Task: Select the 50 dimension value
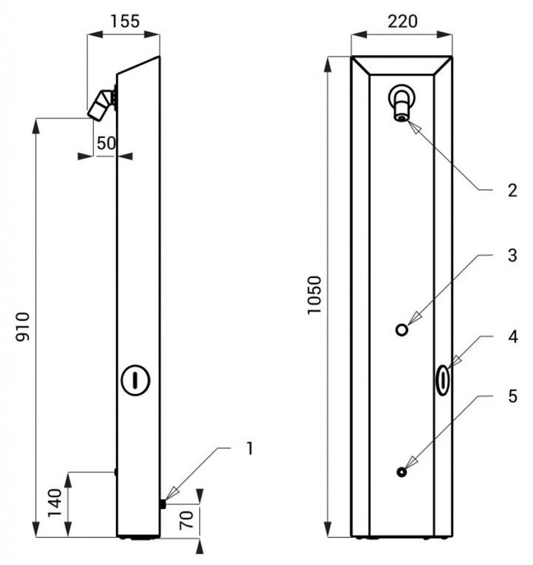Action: coord(105,143)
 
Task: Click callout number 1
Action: coord(249,449)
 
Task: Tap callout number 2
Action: coord(512,191)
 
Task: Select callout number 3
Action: coord(512,255)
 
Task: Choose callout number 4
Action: coord(513,337)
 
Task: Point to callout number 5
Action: coord(513,396)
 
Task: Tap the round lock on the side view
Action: coord(135,380)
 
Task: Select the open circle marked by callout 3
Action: coord(402,330)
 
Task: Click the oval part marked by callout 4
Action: coord(442,380)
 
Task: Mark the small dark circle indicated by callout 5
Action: coord(402,472)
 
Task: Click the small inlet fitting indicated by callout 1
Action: coord(163,504)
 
